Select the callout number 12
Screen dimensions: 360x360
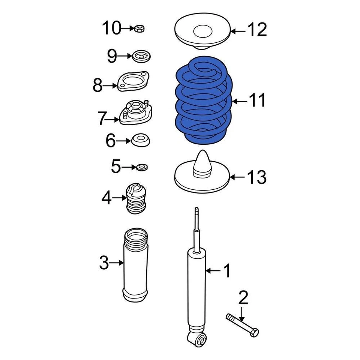point(257,30)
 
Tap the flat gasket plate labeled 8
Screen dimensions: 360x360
point(133,82)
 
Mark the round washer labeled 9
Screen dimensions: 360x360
point(141,57)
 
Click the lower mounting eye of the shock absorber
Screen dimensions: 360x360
point(198,339)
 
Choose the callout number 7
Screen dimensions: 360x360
point(102,120)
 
